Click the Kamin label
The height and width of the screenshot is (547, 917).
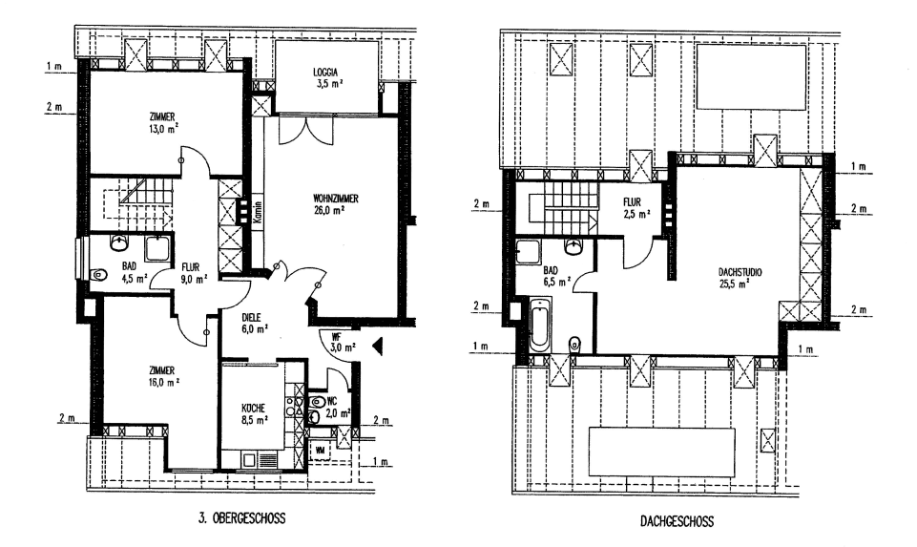[x=257, y=212]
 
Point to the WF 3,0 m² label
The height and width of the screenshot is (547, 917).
[x=336, y=342]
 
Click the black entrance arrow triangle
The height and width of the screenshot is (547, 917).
[x=377, y=345]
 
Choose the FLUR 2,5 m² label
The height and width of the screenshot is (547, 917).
[x=637, y=208]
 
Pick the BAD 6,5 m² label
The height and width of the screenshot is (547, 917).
[x=556, y=276]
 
